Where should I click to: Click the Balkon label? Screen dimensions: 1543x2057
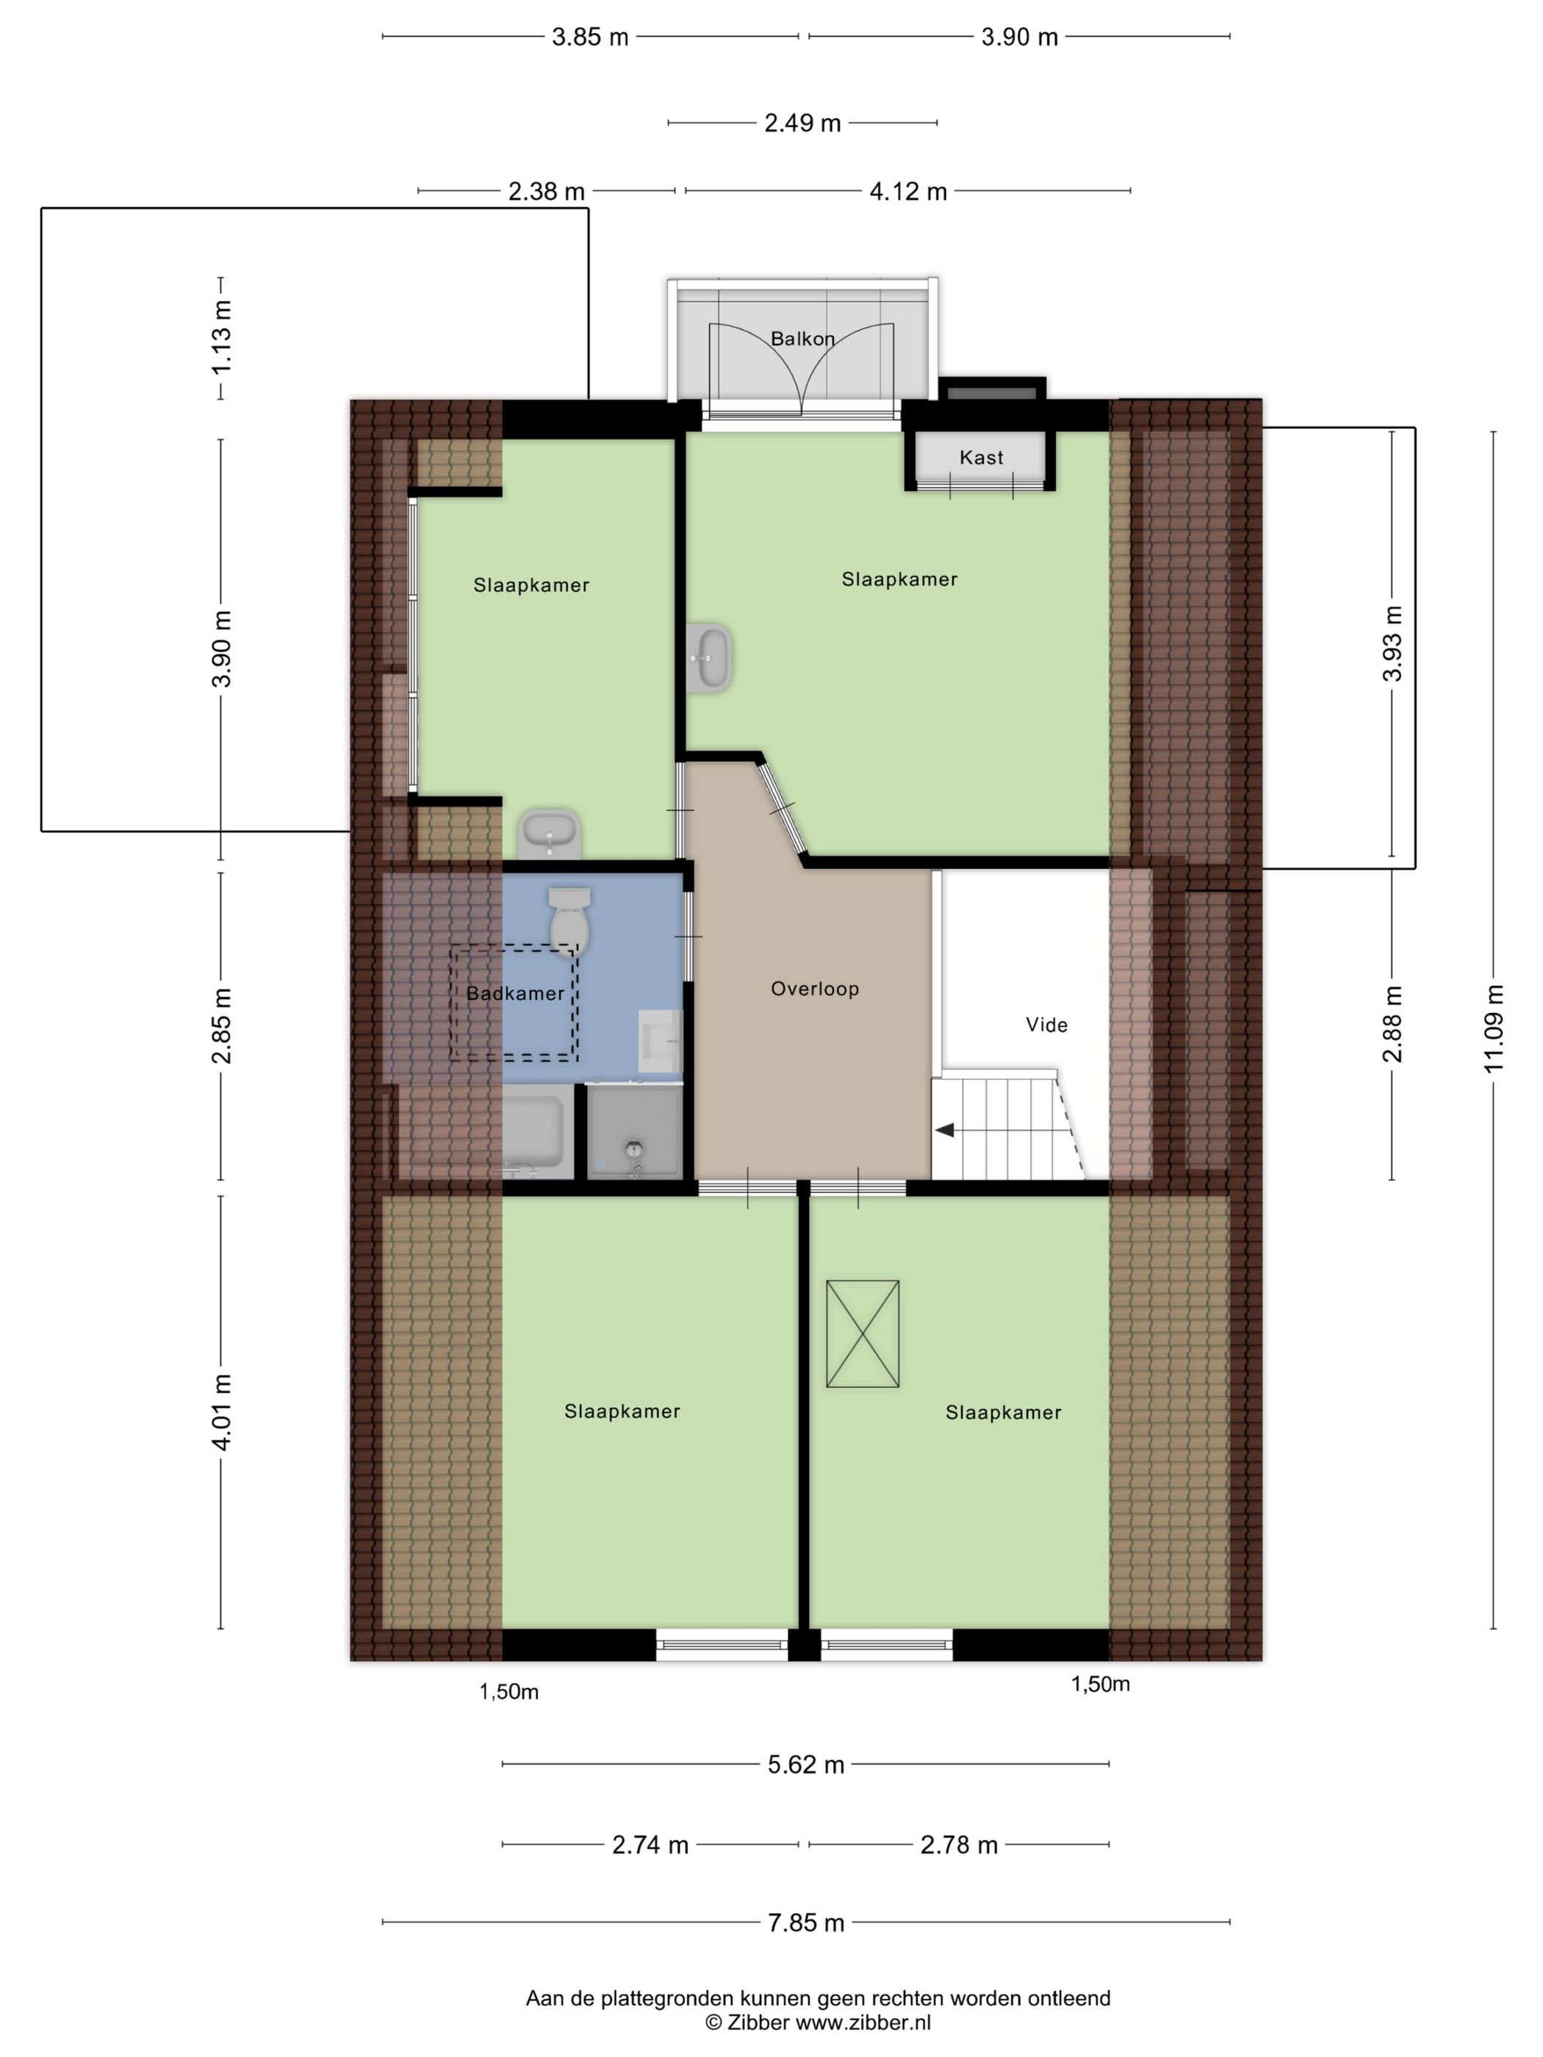802,339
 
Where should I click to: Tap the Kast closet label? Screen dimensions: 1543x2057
981,458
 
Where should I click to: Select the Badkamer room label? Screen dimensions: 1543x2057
515,993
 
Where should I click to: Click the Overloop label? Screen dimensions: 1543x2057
815,989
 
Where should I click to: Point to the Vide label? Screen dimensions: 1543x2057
1046,1025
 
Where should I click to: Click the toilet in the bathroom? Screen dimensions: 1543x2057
569,921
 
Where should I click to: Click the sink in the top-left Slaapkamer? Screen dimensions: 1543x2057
550,833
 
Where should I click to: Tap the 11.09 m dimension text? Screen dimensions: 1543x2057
1494,1028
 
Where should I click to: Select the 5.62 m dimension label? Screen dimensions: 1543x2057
805,1764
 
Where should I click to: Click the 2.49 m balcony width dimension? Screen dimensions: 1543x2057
802,123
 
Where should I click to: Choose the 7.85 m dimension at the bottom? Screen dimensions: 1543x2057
805,1922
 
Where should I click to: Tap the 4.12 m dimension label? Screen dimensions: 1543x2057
907,192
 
